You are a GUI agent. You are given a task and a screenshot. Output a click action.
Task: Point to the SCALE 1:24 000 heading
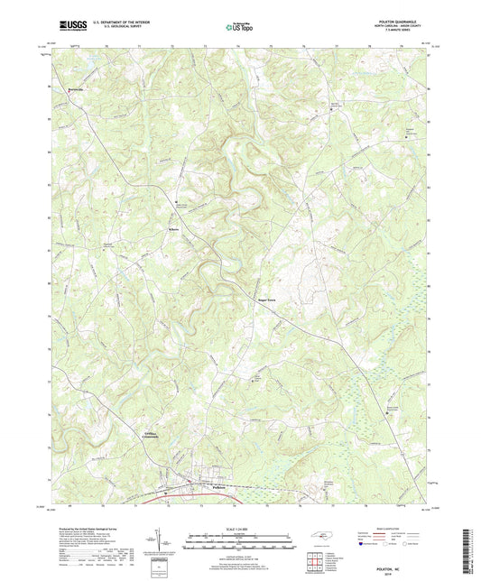(x=240, y=528)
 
